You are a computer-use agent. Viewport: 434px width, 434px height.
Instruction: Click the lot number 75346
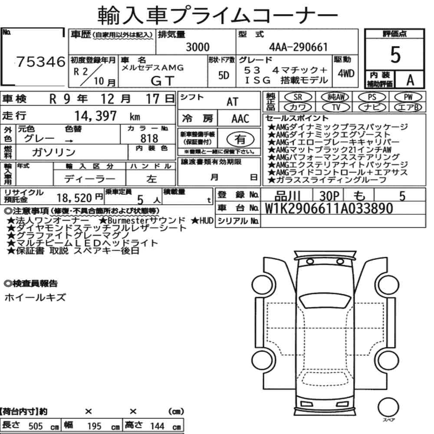click(41, 62)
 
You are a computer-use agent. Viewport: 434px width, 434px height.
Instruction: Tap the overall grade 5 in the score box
click(395, 55)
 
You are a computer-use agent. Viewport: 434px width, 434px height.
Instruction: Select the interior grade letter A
click(410, 80)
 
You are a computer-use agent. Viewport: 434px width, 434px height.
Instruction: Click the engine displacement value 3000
click(197, 47)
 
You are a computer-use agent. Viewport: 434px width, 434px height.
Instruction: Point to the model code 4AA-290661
click(299, 47)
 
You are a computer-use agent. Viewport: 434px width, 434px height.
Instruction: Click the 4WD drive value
click(346, 74)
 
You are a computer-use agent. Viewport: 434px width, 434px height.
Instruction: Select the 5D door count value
click(224, 75)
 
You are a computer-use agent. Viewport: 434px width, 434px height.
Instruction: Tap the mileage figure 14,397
click(95, 116)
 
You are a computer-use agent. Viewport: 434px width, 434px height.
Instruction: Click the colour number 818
click(149, 138)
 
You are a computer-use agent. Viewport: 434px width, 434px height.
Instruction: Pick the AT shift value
click(232, 102)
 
